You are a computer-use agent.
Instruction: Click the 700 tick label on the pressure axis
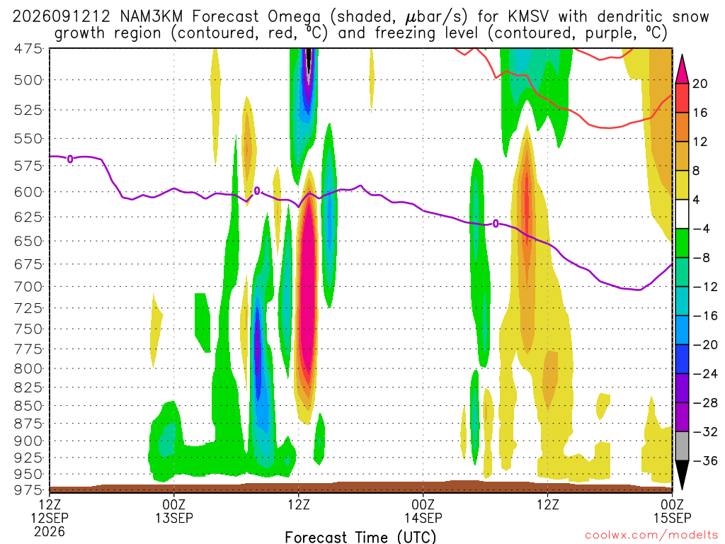coord(28,287)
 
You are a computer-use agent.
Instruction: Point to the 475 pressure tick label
coord(28,49)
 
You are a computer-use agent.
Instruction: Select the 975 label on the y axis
coord(28,490)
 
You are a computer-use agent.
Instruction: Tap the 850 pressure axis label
coord(28,406)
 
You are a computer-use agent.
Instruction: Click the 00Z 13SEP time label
coord(174,511)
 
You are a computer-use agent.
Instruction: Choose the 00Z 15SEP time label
coord(672,511)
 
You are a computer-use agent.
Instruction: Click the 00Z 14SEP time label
coord(423,511)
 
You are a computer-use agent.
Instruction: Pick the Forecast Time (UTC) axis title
coord(360,537)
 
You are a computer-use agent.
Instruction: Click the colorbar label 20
coord(700,84)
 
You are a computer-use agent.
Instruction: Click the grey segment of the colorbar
coord(682,446)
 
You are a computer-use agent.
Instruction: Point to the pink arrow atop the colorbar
coord(682,70)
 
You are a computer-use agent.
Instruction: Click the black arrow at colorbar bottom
coord(682,474)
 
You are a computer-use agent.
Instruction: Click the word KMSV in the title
coord(528,17)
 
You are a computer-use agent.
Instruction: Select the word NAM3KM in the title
coord(152,17)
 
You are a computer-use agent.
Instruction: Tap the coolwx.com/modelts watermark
coord(651,535)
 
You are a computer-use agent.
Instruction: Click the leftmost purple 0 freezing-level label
coord(70,159)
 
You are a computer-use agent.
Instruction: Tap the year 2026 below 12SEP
coord(50,531)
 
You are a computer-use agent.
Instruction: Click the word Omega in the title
coord(294,17)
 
